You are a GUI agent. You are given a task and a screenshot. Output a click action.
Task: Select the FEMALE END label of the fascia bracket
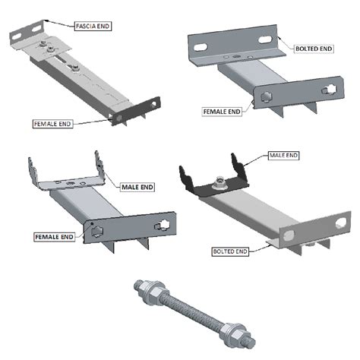pos(53,123)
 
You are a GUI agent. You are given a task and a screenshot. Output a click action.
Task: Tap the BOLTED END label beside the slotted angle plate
pos(311,49)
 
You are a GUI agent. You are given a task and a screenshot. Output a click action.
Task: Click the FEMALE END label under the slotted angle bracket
pos(222,111)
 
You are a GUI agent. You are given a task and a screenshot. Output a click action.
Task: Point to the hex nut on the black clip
pos(217,182)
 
